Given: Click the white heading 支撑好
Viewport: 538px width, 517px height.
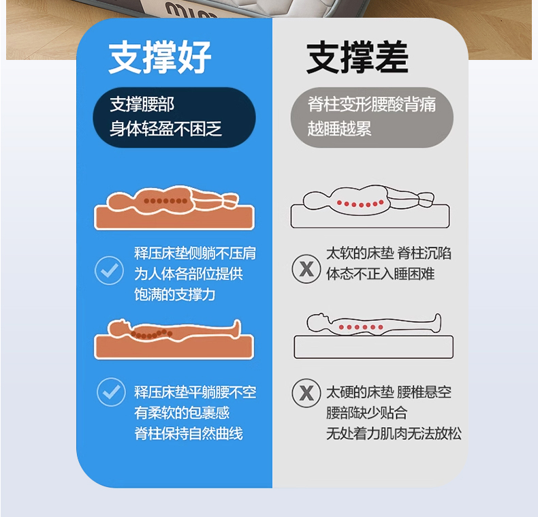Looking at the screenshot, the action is pyautogui.click(x=159, y=57).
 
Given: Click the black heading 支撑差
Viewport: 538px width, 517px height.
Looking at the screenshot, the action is pyautogui.click(x=357, y=57).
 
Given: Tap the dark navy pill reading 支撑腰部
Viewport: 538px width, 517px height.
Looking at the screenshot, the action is pyautogui.click(x=174, y=117).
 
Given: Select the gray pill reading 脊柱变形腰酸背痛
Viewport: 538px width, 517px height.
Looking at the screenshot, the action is pyautogui.click(x=372, y=117).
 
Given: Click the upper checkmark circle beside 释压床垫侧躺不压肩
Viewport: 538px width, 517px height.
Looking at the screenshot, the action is pyautogui.click(x=110, y=270).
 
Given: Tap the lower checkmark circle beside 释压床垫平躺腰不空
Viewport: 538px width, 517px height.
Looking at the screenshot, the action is pyautogui.click(x=111, y=392).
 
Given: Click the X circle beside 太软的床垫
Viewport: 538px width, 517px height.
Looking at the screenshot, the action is pyautogui.click(x=306, y=269).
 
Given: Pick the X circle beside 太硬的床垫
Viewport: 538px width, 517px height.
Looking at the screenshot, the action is pyautogui.click(x=306, y=393).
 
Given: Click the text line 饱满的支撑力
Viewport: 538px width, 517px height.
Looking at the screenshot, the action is pyautogui.click(x=174, y=294).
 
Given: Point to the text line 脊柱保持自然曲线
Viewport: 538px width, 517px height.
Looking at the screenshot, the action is pyautogui.click(x=189, y=433).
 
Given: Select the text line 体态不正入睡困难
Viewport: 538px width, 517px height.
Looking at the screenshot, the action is pyautogui.click(x=381, y=274).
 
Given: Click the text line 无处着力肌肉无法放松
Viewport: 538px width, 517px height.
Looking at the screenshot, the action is pyautogui.click(x=394, y=433).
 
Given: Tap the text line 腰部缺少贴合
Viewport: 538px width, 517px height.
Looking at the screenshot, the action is pyautogui.click(x=367, y=413).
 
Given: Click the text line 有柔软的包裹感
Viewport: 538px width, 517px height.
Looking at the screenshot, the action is pyautogui.click(x=182, y=413).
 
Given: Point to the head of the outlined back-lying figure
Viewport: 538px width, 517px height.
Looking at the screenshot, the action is pyautogui.click(x=318, y=322).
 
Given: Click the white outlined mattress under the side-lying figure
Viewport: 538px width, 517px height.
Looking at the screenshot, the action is pyautogui.click(x=370, y=216).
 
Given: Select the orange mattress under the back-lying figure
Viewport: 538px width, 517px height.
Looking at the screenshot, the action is pyautogui.click(x=174, y=347).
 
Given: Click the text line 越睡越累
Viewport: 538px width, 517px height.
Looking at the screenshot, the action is pyautogui.click(x=339, y=129).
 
